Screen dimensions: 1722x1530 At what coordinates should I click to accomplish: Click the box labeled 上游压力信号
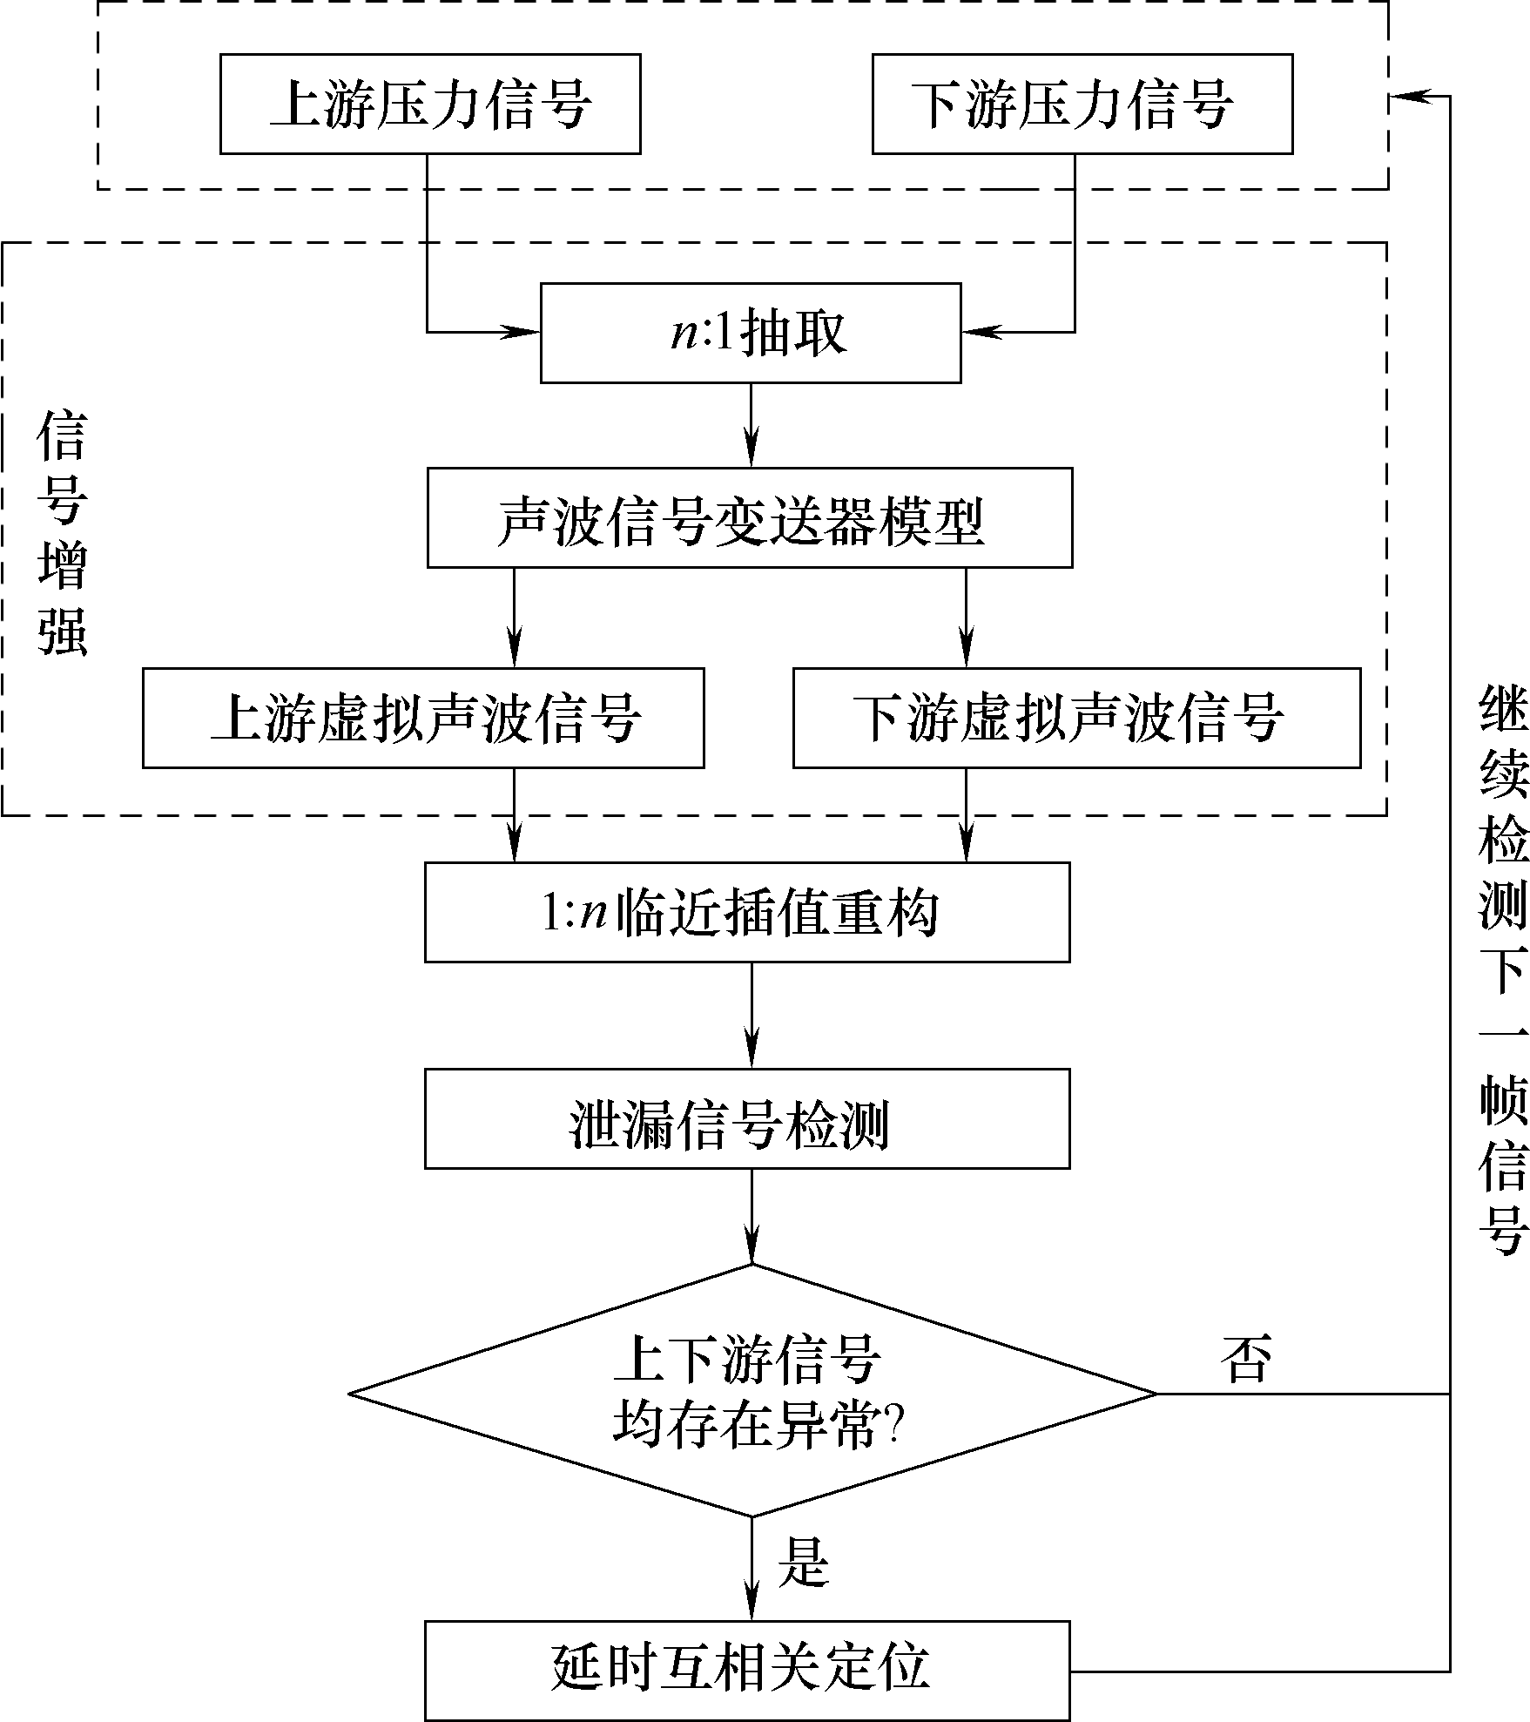[x=430, y=105]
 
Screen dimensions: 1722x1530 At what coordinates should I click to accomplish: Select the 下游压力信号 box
[x=1082, y=105]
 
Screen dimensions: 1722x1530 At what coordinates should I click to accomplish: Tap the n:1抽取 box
[x=751, y=333]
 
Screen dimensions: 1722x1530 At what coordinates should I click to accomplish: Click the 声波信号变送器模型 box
[x=749, y=518]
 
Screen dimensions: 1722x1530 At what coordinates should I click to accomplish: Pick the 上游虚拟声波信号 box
[x=423, y=718]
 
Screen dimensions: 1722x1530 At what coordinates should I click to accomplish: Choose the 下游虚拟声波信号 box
[x=1076, y=718]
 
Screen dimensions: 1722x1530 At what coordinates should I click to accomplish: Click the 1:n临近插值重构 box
[x=747, y=913]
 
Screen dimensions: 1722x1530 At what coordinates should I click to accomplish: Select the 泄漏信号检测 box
[x=747, y=1119]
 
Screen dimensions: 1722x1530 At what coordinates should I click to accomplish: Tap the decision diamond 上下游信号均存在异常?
[x=752, y=1394]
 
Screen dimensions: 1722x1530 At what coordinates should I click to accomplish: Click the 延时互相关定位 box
[x=747, y=1671]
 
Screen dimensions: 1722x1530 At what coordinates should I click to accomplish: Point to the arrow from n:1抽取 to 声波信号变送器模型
[x=752, y=426]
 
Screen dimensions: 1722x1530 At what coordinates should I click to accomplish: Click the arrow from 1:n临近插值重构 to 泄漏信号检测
[x=752, y=1016]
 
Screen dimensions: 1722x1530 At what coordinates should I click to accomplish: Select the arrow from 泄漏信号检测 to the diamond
[x=752, y=1216]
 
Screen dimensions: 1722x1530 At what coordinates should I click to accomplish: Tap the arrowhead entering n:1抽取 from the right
[x=977, y=332]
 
